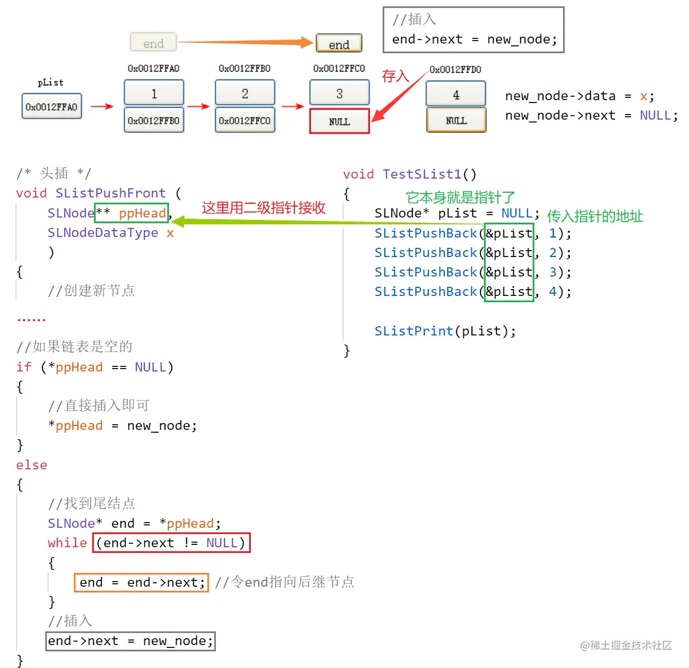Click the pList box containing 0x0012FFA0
coord(52,106)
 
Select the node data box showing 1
coord(153,93)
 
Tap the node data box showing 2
coord(245,93)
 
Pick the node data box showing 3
coord(339,93)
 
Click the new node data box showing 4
coord(456,94)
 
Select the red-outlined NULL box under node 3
coord(339,121)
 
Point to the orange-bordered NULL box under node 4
coord(456,120)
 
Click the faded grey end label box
coord(153,43)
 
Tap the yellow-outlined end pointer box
coord(338,44)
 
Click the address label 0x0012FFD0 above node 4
coord(455,69)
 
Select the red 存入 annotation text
coord(395,76)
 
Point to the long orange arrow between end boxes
coord(246,42)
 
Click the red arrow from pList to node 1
coord(103,106)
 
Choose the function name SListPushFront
coord(111,193)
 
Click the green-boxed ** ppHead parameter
coord(132,213)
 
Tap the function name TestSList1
coord(422,174)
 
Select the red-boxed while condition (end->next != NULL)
coord(171,543)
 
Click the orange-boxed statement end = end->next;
coord(141,582)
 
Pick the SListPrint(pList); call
coord(445,331)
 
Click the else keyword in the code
coord(32,465)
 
